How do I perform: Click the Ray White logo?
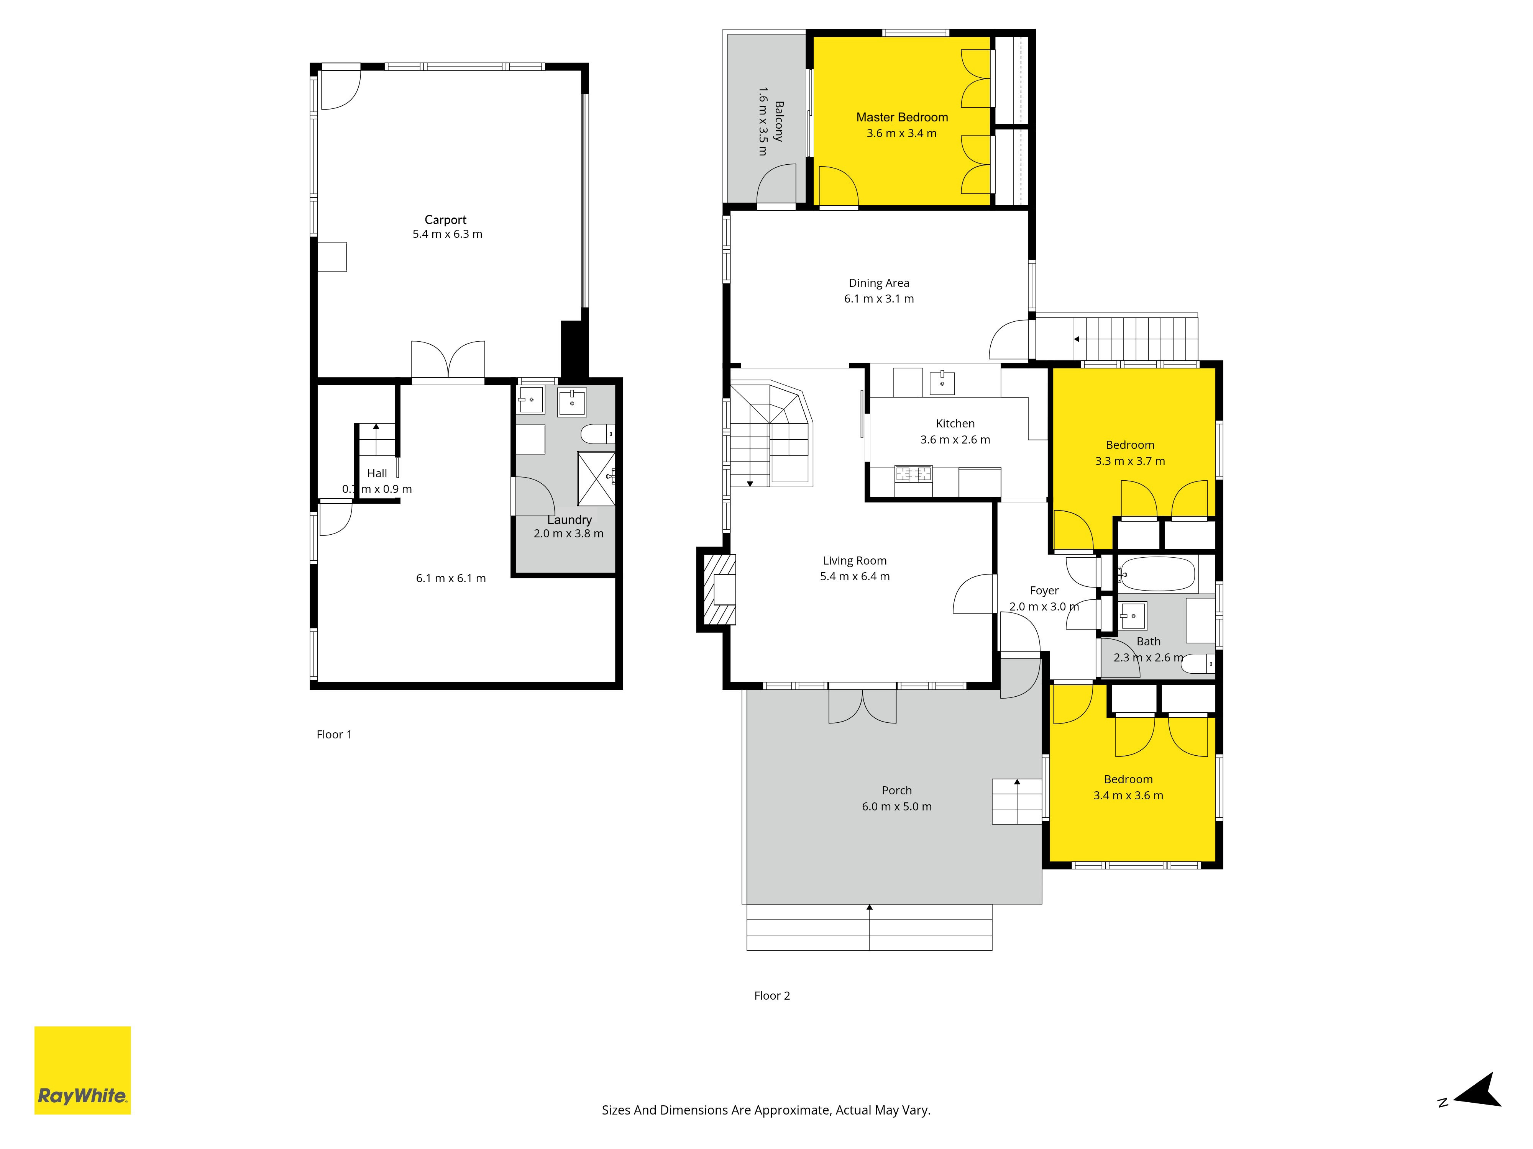coord(82,1070)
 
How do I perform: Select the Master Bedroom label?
coord(902,117)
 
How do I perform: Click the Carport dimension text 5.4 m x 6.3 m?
coord(447,234)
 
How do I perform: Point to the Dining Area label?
coord(879,283)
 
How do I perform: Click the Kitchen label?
coord(955,423)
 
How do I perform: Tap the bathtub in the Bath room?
coord(1157,574)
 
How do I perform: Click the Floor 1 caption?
coord(334,734)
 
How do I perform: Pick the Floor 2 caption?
coord(772,995)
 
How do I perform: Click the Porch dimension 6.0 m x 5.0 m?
coord(897,806)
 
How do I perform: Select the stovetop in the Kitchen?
coord(913,475)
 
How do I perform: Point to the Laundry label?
coord(569,519)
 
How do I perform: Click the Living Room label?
coord(855,560)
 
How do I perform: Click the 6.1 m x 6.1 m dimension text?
coord(450,578)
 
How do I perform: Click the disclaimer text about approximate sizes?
coord(766,1110)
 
